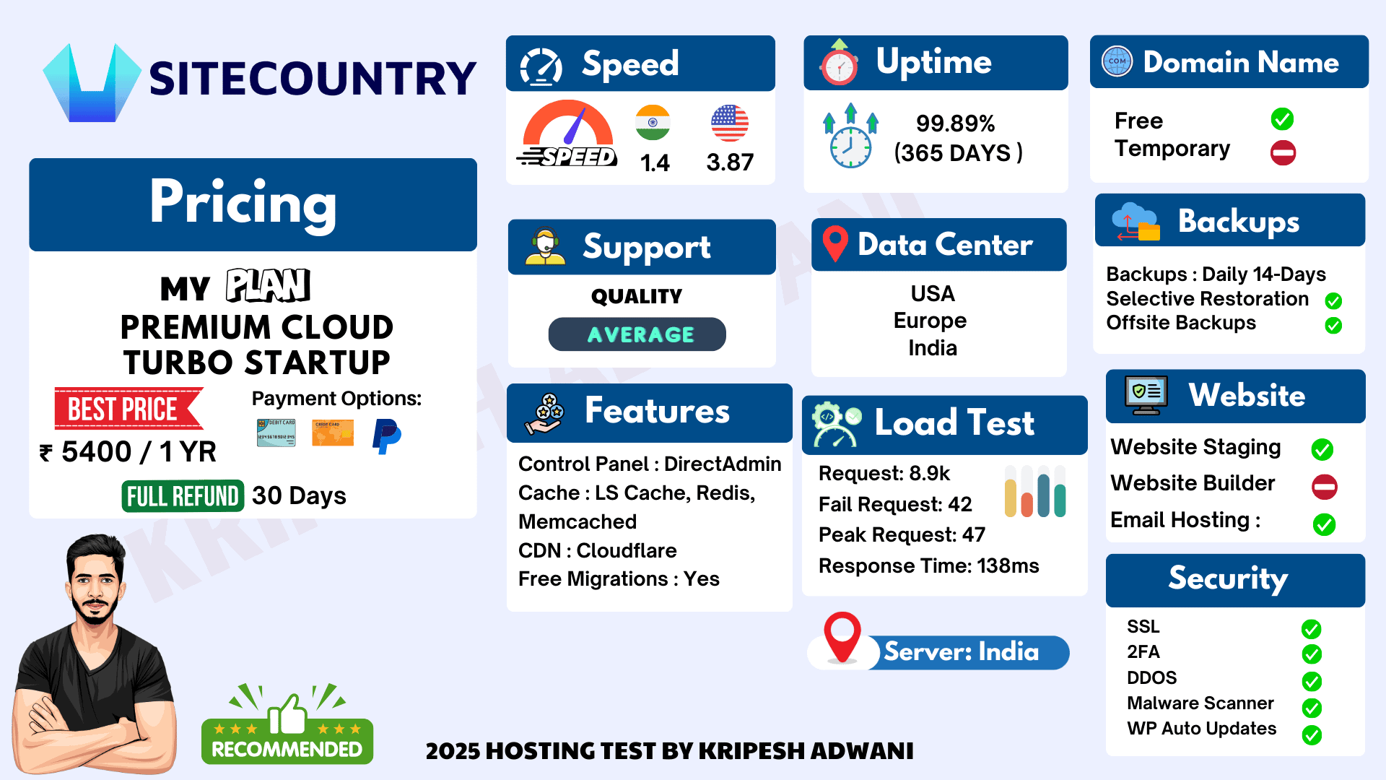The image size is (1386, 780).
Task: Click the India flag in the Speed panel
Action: tap(653, 123)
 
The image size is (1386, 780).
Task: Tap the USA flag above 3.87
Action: tap(730, 123)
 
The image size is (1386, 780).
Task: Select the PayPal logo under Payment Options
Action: tap(386, 436)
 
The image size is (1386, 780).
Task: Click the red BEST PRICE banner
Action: tap(128, 409)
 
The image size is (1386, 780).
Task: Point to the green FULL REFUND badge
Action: tap(183, 496)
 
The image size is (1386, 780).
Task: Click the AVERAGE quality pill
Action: tap(637, 334)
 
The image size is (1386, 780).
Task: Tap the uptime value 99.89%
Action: tap(956, 123)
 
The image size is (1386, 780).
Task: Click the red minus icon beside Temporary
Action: tap(1283, 152)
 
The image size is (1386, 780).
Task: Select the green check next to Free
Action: tap(1282, 119)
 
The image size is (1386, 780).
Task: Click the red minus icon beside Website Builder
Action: tap(1325, 487)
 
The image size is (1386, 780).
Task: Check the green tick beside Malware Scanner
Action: tap(1312, 708)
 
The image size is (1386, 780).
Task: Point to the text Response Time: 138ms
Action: tap(929, 565)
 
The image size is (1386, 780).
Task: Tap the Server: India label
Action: tap(962, 651)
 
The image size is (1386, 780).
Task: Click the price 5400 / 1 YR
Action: tap(139, 452)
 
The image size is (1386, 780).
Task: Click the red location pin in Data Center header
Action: tap(835, 243)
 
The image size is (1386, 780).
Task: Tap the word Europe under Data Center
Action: tap(930, 321)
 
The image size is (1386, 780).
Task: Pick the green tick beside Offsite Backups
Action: tap(1333, 326)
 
